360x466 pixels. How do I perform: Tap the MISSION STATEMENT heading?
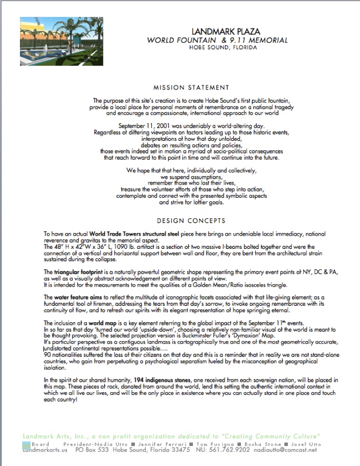coord(191,88)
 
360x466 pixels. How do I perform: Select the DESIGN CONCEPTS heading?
coord(191,221)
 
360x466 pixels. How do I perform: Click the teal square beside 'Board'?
coord(26,445)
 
